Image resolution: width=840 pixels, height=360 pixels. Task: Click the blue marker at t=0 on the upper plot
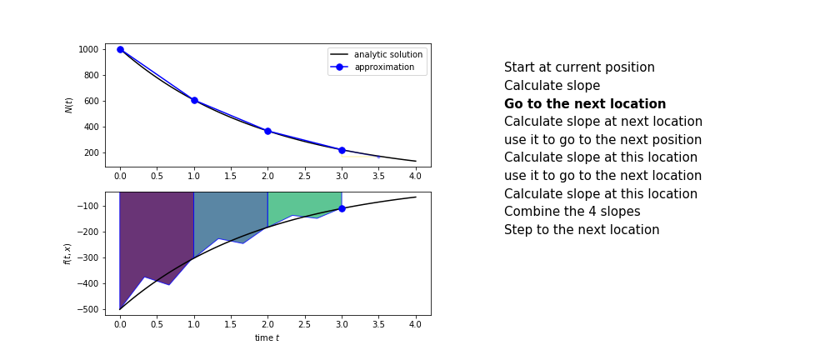(x=120, y=49)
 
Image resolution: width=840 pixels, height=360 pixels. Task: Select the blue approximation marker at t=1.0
(x=194, y=100)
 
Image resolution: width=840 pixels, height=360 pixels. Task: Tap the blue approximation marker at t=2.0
(x=267, y=131)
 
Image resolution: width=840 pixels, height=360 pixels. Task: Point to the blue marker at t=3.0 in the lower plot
(x=342, y=208)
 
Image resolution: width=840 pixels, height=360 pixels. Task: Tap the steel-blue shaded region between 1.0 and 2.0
(x=230, y=214)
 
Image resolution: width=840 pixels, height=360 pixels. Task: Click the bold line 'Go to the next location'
(x=585, y=103)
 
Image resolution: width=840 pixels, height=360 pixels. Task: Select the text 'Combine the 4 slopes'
(x=572, y=211)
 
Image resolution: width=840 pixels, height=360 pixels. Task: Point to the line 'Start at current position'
(x=579, y=67)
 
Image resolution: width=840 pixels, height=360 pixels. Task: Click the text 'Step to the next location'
(x=582, y=229)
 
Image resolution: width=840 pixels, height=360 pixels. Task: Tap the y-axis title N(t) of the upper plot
(x=68, y=106)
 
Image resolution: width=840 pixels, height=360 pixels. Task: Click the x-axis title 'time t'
(x=267, y=338)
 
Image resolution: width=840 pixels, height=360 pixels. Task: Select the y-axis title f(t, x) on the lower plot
(x=67, y=252)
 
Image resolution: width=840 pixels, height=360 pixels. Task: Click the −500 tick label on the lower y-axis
(x=88, y=310)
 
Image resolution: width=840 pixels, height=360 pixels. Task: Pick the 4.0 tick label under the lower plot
(x=416, y=325)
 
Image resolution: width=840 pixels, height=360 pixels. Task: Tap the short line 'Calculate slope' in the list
(x=552, y=86)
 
